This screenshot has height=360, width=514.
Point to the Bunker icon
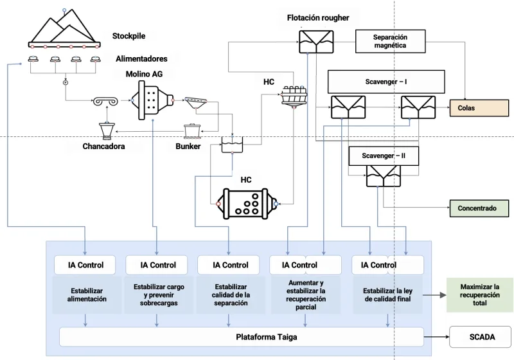[192, 131]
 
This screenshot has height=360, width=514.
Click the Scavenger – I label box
[386, 82]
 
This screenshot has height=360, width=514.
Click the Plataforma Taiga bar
[241, 336]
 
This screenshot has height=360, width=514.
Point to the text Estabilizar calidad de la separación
[230, 294]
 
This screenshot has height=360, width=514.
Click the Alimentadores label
[141, 59]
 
